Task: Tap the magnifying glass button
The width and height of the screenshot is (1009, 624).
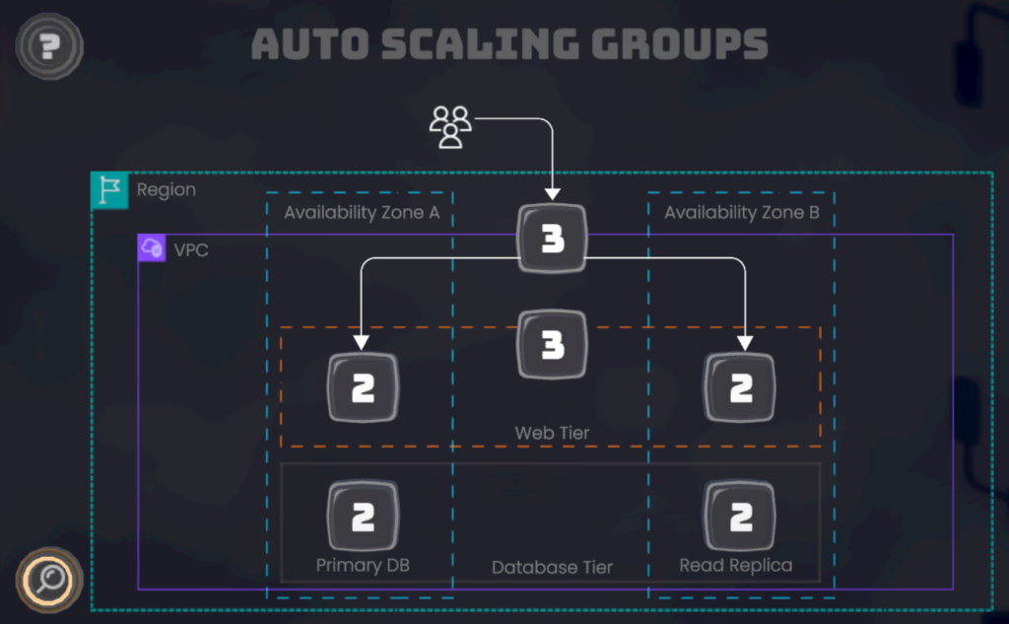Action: click(48, 579)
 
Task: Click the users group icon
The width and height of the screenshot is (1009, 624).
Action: click(450, 127)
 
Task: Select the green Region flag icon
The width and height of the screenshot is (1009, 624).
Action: click(109, 190)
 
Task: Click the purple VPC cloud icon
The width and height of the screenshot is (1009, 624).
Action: click(152, 248)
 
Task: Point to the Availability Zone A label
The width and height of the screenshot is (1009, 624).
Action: click(361, 213)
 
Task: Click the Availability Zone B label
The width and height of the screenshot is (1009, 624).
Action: click(741, 213)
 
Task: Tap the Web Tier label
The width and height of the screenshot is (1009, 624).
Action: click(552, 433)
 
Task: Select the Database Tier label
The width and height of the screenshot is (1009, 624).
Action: click(552, 567)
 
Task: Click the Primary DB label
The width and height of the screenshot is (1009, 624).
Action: click(363, 565)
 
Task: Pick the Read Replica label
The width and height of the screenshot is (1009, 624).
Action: click(735, 565)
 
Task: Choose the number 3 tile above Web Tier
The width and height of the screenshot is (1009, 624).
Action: click(552, 345)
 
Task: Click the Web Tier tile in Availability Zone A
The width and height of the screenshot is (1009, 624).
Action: click(363, 388)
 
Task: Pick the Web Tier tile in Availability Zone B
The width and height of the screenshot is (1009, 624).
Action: click(740, 388)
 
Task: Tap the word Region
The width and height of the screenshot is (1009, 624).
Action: click(166, 190)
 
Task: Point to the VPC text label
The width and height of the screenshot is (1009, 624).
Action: click(191, 250)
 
